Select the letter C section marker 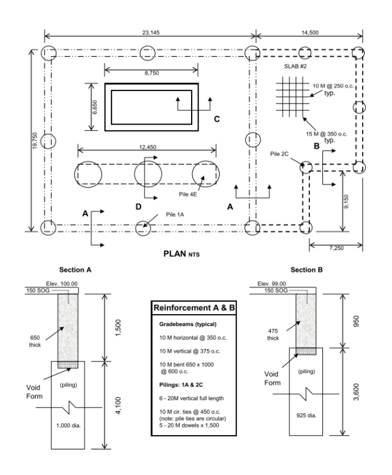tap(216, 118)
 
